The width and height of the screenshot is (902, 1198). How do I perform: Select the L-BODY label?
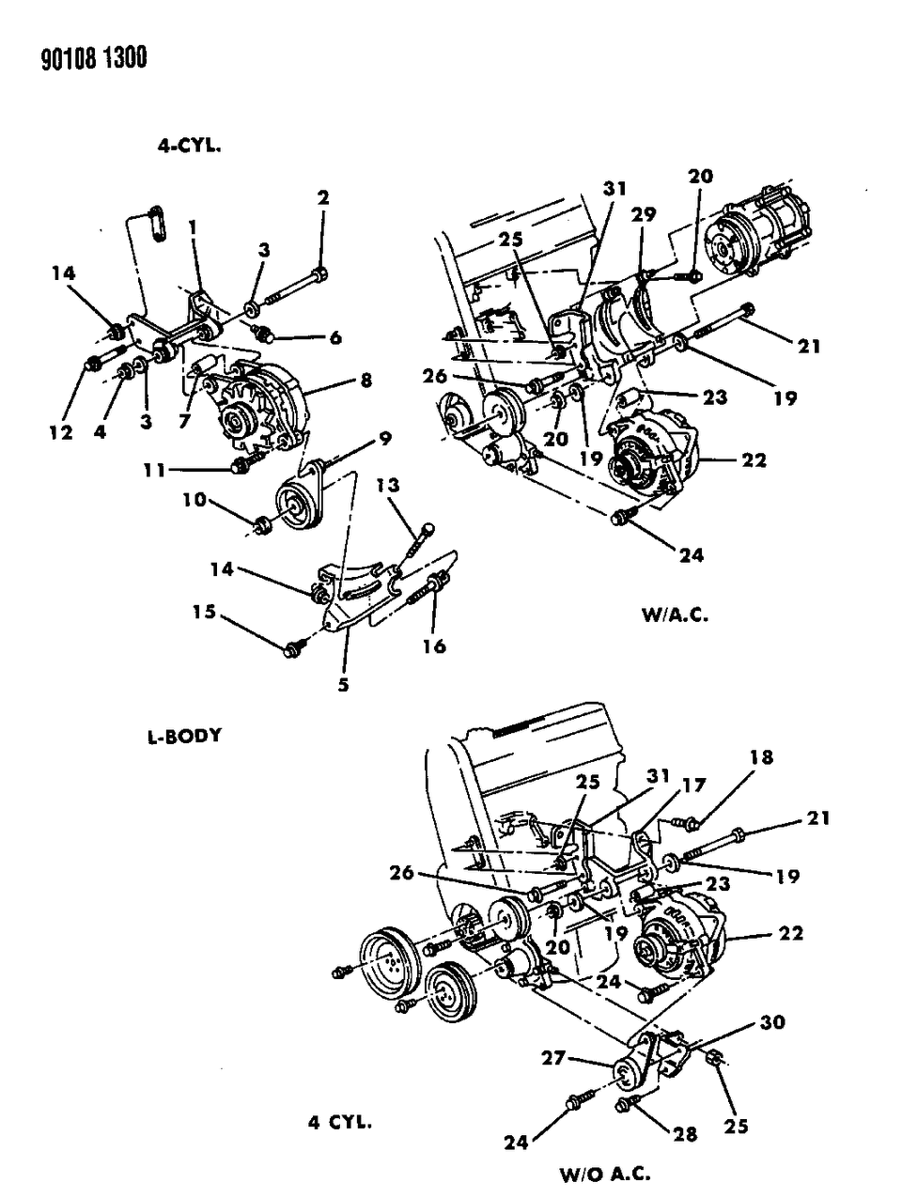[184, 735]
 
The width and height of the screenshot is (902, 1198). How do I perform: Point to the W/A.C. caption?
[675, 616]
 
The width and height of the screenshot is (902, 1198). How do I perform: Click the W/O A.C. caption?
[605, 1174]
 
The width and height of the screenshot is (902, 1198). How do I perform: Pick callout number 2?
[322, 197]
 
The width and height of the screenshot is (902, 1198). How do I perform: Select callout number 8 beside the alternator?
[365, 381]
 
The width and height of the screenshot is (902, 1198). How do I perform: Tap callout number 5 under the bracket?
[343, 685]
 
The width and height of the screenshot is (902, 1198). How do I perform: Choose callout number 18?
[761, 757]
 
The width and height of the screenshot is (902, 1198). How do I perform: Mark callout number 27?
[552, 1059]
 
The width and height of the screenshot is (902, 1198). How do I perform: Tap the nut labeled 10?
[263, 522]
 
